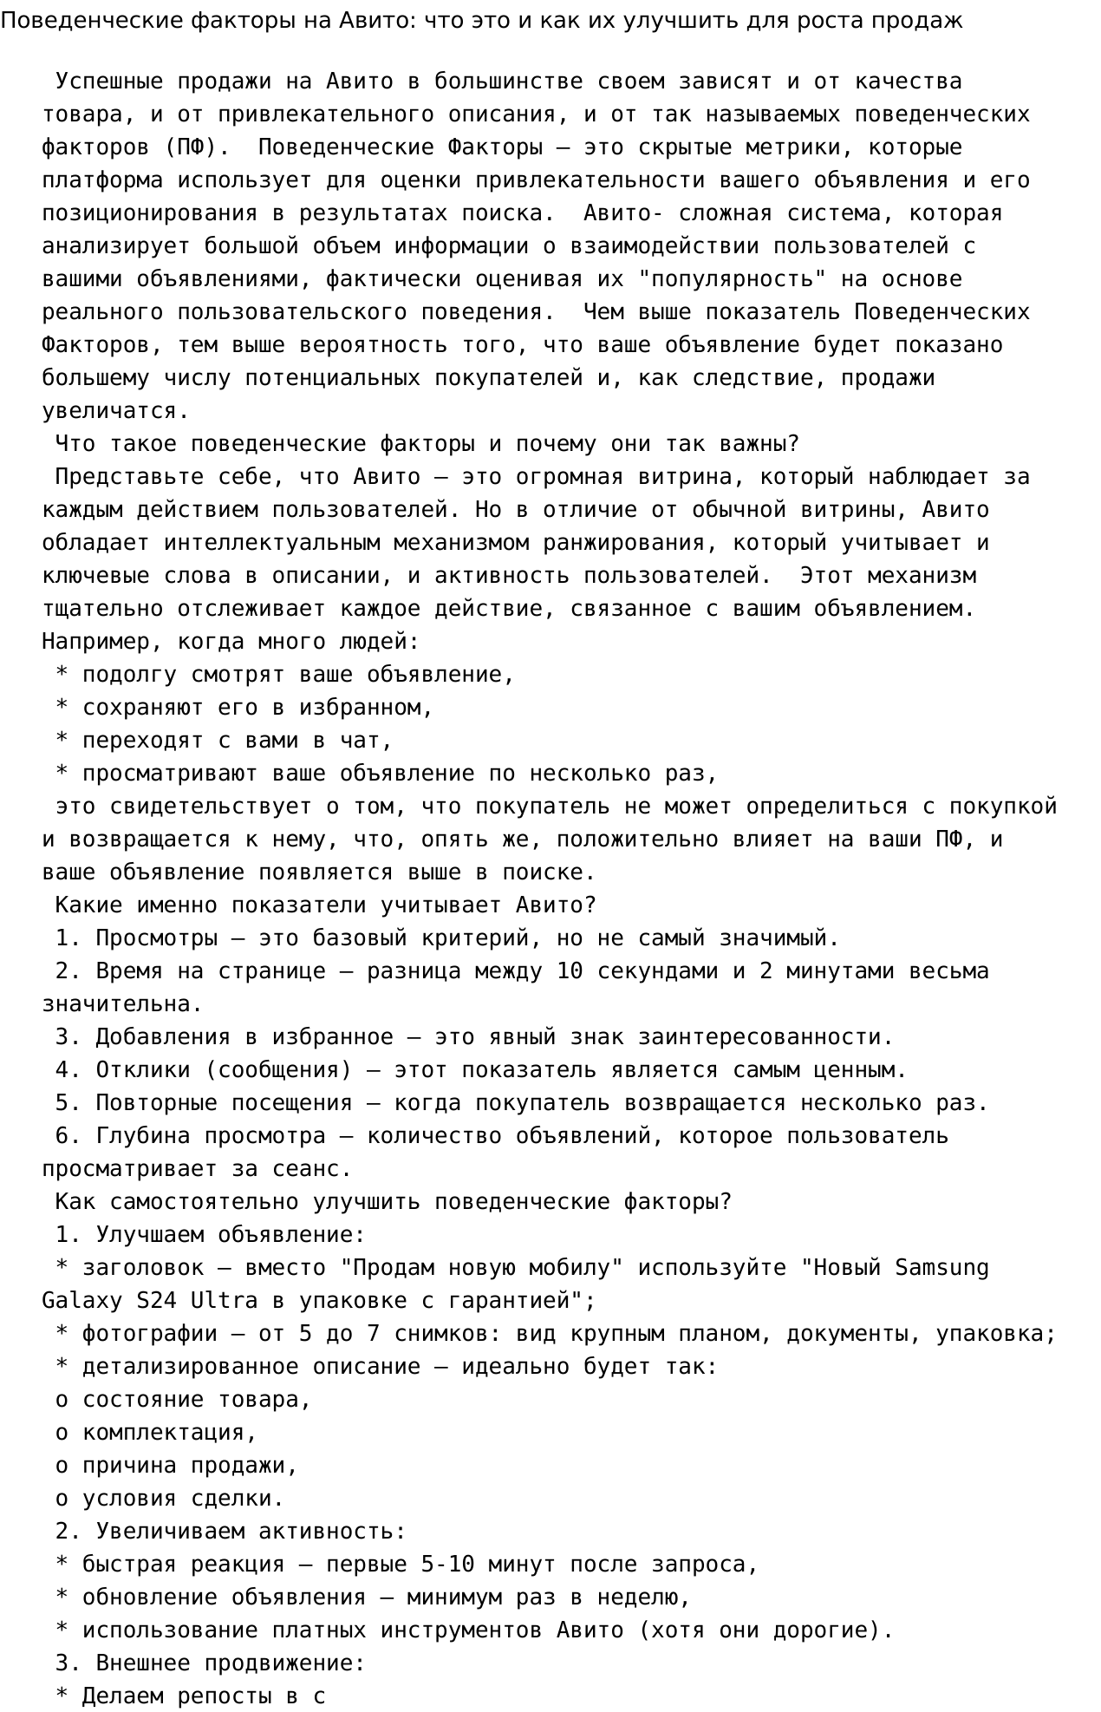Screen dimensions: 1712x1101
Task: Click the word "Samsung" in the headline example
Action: [941, 1268]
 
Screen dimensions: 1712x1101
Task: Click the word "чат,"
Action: [366, 741]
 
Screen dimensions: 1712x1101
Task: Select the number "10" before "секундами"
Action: [570, 971]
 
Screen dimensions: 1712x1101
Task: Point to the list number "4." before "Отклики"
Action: [68, 1070]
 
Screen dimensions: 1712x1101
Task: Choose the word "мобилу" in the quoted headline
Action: [570, 1268]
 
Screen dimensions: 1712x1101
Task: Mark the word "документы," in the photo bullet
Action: [854, 1334]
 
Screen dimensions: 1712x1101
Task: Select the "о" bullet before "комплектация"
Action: [62, 1433]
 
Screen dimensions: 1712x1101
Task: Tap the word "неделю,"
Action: [644, 1598]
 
